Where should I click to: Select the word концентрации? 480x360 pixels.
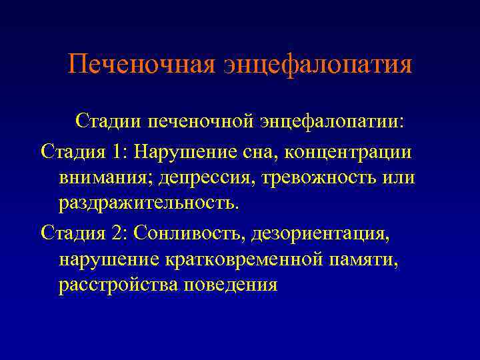pos(349,151)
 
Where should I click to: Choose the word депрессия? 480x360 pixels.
pos(198,178)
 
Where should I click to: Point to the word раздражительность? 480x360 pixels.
pos(147,203)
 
